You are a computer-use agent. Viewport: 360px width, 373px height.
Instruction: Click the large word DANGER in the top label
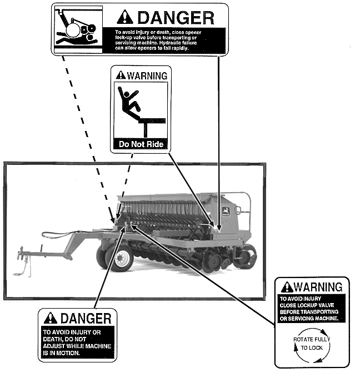pyautogui.click(x=176, y=17)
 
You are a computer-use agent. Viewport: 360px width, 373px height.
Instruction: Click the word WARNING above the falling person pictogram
pyautogui.click(x=146, y=75)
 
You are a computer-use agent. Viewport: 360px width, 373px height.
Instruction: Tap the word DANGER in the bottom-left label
pyautogui.click(x=86, y=318)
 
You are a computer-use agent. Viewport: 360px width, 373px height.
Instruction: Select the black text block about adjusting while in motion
pyautogui.click(x=78, y=341)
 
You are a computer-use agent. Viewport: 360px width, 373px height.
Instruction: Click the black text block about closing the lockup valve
pyautogui.click(x=312, y=309)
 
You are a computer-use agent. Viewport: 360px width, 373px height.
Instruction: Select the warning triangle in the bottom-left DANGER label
pyautogui.click(x=51, y=318)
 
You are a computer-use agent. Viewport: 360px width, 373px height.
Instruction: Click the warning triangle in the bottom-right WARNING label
pyautogui.click(x=287, y=287)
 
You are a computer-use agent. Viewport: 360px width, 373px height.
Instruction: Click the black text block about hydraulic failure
pyautogui.click(x=169, y=40)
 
